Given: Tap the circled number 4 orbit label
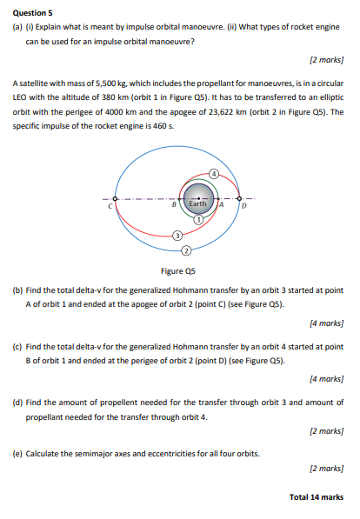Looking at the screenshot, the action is tap(212, 174).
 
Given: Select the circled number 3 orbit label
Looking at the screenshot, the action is tap(177, 236).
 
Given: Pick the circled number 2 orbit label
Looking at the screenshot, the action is tap(185, 251).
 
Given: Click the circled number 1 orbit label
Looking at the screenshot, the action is tap(198, 221).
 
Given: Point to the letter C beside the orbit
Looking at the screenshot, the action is tap(110, 206).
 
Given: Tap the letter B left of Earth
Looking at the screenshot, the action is tap(173, 205).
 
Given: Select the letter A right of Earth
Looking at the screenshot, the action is tap(223, 206).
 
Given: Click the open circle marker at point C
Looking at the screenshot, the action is tap(115, 198).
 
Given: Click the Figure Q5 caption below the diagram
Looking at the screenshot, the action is tap(178, 270).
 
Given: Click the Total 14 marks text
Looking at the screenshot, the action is tap(317, 496).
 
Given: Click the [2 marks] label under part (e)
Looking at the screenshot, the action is tap(327, 468).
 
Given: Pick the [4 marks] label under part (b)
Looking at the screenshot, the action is tap(327, 323).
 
